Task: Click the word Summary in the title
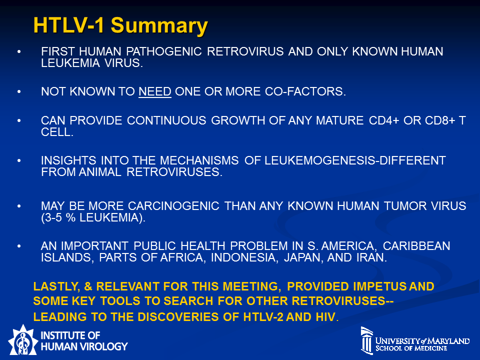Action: [x=159, y=25]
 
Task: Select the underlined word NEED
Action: [x=155, y=91]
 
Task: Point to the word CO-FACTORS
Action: [x=305, y=91]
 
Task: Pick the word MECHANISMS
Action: [x=199, y=160]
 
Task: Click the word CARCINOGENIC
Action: [x=173, y=206]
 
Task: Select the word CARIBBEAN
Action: [x=416, y=246]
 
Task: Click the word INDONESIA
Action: [x=244, y=257]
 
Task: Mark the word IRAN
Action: [x=371, y=257]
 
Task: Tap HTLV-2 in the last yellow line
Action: [x=263, y=317]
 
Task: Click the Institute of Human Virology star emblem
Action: [x=22, y=340]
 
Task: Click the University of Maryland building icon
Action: [x=366, y=340]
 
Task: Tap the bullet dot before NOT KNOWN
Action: [x=19, y=91]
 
